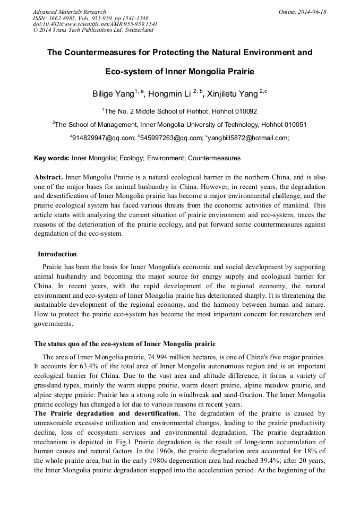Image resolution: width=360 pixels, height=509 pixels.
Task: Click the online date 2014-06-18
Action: (310, 12)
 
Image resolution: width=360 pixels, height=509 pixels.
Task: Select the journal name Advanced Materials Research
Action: (70, 12)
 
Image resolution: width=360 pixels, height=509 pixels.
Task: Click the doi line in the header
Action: (95, 24)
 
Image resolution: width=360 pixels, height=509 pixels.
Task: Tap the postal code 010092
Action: (244, 111)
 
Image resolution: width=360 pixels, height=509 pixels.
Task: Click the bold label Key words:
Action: (52, 158)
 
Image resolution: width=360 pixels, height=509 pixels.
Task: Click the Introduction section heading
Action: (57, 254)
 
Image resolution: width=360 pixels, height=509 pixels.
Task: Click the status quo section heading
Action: (125, 343)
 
